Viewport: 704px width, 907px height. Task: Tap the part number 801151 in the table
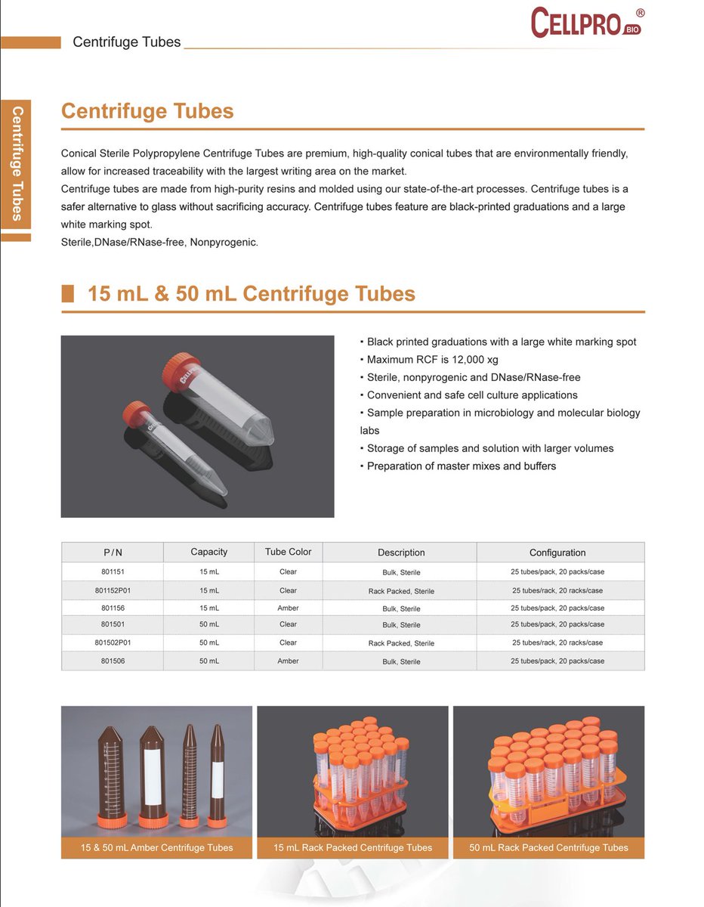point(113,572)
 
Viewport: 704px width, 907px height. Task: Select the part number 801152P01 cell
point(113,590)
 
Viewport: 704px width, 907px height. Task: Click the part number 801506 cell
point(113,661)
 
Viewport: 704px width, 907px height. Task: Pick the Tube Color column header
point(288,552)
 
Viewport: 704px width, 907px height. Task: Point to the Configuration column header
point(557,553)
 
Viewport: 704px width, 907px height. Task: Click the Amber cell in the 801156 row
point(288,608)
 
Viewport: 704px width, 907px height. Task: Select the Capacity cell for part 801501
point(209,624)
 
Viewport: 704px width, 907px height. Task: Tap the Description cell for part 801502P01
point(401,643)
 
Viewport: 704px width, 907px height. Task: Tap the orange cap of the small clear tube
point(135,413)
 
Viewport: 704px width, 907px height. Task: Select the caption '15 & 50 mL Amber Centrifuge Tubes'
point(156,847)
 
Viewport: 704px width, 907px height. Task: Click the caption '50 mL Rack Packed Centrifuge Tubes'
point(548,847)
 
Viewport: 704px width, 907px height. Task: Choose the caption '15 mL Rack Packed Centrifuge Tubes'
point(353,847)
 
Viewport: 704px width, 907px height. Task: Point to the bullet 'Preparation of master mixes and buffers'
point(461,466)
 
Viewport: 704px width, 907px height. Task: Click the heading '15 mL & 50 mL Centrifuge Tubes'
point(251,293)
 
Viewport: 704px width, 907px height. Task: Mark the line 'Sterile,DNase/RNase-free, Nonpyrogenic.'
point(159,243)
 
